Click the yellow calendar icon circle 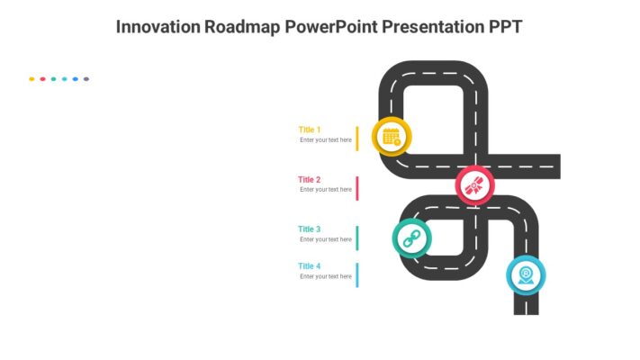click(392, 137)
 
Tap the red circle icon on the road click(474, 185)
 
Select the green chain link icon click(412, 238)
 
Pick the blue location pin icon click(526, 274)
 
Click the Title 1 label click(310, 130)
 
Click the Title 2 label click(310, 180)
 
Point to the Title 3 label click(310, 229)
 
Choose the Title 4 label click(310, 266)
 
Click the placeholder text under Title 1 click(326, 140)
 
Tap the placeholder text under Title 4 click(326, 277)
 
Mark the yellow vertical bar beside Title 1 click(357, 139)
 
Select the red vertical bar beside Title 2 click(357, 188)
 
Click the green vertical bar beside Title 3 click(357, 238)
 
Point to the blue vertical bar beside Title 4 click(357, 274)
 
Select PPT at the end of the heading click(503, 26)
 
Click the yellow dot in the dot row click(32, 79)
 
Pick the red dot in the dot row click(42, 79)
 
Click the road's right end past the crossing click(551, 166)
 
